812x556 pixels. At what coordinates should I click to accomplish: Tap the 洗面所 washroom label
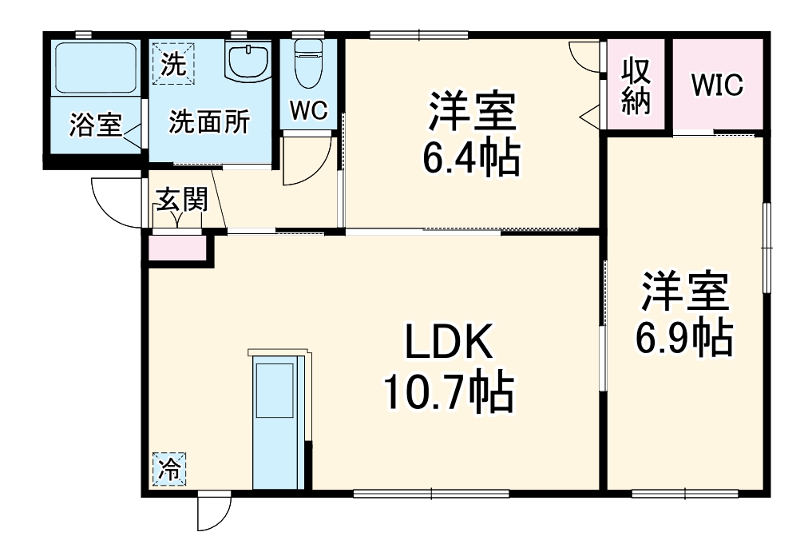209,122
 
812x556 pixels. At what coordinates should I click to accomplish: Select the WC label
308,110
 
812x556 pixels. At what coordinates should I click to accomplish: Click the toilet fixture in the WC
307,65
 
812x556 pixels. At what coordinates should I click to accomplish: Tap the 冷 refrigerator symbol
168,470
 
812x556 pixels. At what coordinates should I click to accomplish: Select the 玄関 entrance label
180,200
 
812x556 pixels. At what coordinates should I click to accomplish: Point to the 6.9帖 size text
684,339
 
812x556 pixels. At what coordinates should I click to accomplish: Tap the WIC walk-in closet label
716,85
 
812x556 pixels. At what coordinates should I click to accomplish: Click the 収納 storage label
636,85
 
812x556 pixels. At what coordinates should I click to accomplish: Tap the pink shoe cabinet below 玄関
177,248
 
